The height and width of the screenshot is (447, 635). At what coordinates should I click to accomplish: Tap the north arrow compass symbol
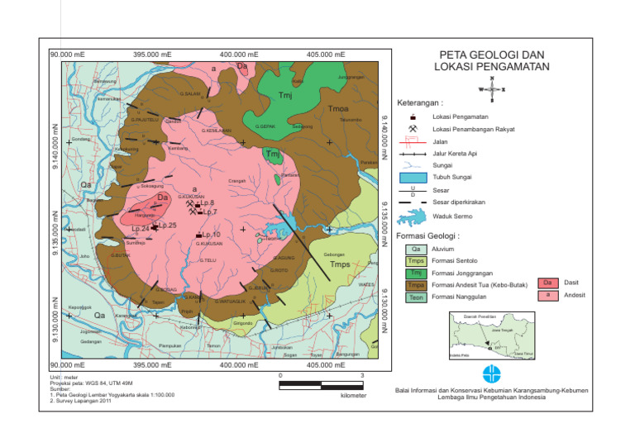493,89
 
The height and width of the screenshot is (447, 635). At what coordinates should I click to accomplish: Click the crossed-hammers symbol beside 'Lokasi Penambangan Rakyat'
412,129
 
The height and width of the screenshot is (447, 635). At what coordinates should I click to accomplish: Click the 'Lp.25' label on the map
166,225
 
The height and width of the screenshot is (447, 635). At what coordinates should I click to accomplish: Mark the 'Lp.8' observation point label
207,202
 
